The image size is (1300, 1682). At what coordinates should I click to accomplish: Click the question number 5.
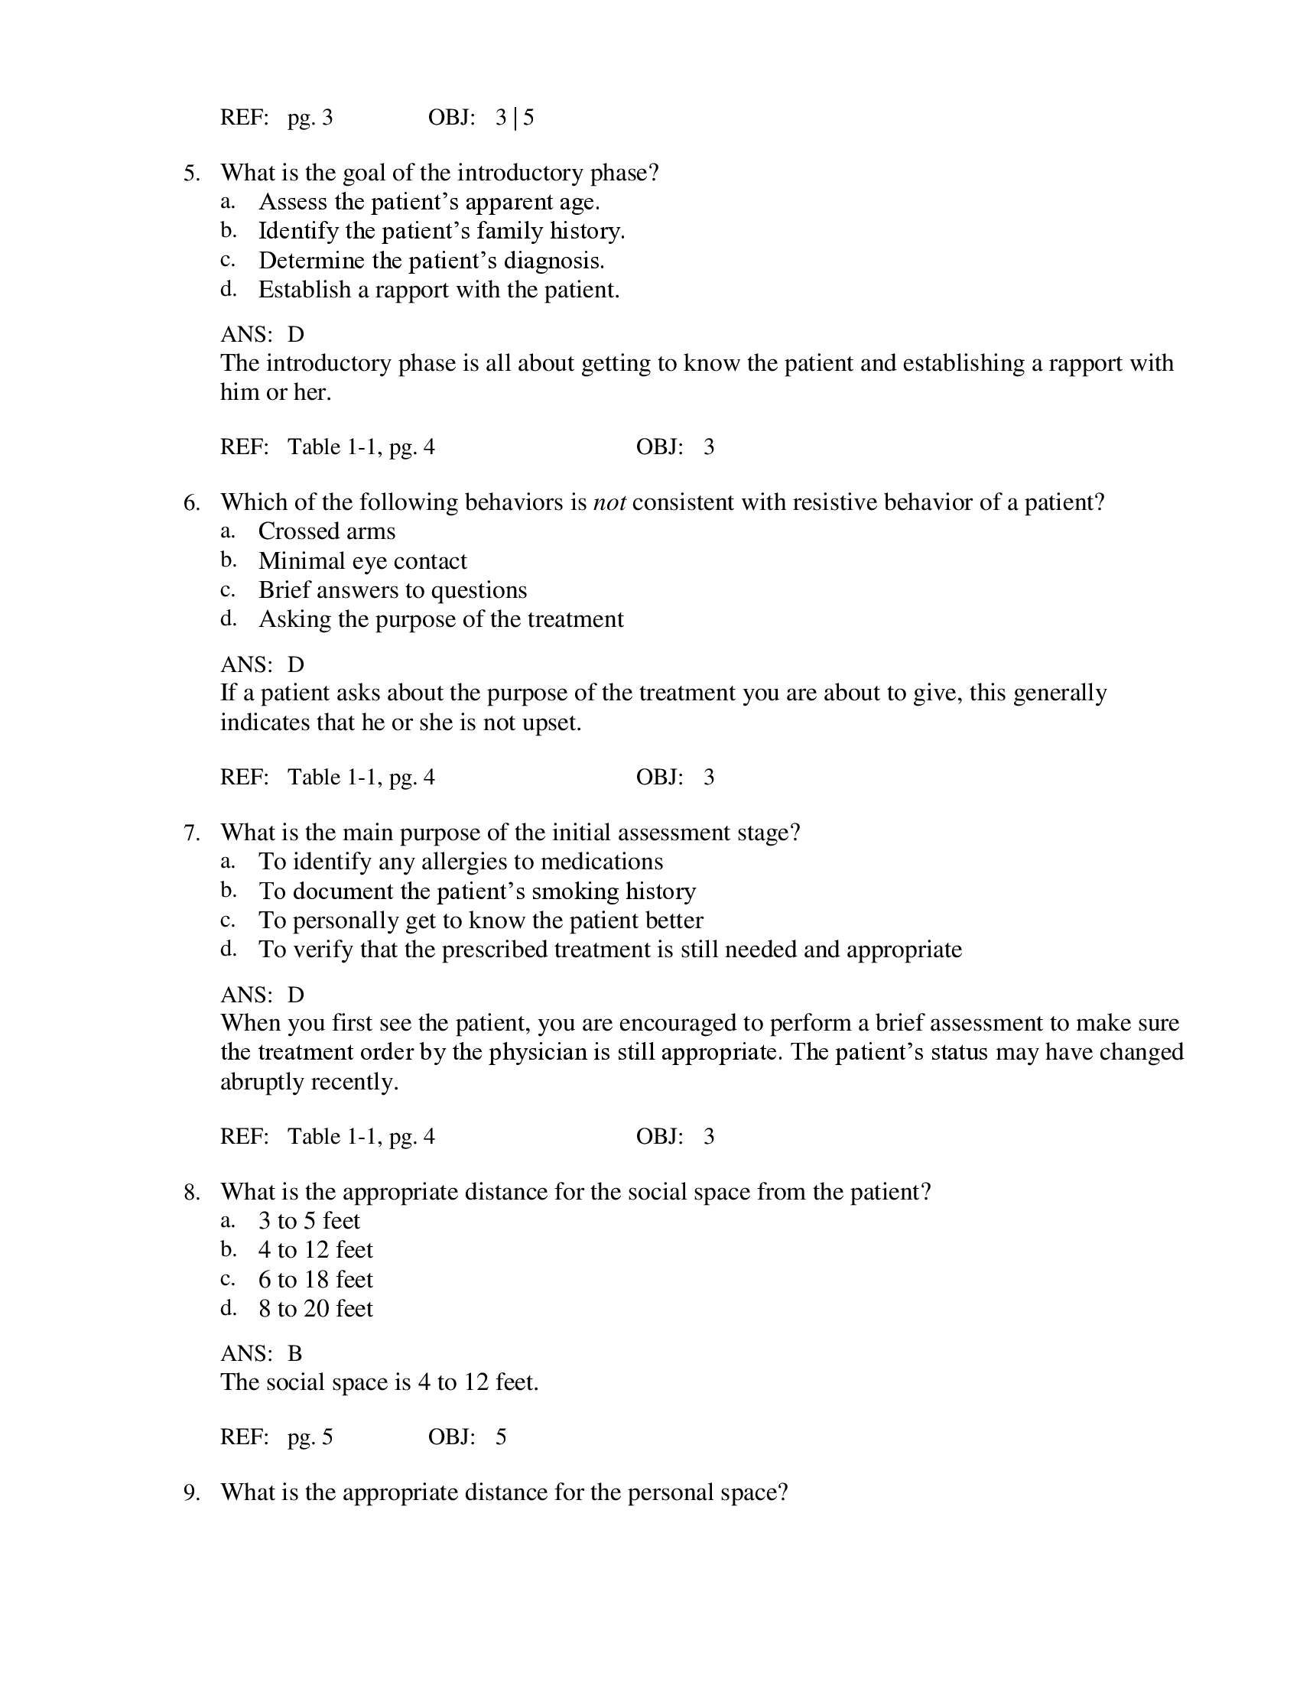[x=191, y=174]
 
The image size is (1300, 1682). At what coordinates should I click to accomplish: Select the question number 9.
[x=191, y=1492]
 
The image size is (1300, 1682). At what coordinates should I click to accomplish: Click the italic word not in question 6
[x=609, y=503]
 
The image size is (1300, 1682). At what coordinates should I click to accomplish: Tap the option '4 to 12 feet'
[x=315, y=1250]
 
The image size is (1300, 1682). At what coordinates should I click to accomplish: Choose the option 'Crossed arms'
[x=327, y=531]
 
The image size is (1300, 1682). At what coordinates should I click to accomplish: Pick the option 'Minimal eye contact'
[x=362, y=561]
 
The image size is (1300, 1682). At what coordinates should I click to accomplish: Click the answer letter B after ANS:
[x=295, y=1353]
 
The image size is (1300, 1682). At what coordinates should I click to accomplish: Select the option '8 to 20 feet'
[x=315, y=1308]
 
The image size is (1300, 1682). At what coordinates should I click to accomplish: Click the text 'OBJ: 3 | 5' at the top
[x=480, y=118]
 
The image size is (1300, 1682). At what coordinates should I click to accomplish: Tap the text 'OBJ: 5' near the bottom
[x=466, y=1437]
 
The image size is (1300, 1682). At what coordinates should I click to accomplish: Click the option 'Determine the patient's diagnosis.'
[x=431, y=261]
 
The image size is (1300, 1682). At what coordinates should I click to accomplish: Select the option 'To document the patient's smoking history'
[x=476, y=891]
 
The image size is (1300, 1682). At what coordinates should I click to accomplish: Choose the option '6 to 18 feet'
[x=315, y=1279]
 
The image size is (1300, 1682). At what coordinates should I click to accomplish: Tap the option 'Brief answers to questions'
[x=392, y=591]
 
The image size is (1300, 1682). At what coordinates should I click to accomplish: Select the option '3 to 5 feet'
[x=309, y=1221]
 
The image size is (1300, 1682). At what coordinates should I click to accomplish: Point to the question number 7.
[x=191, y=833]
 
